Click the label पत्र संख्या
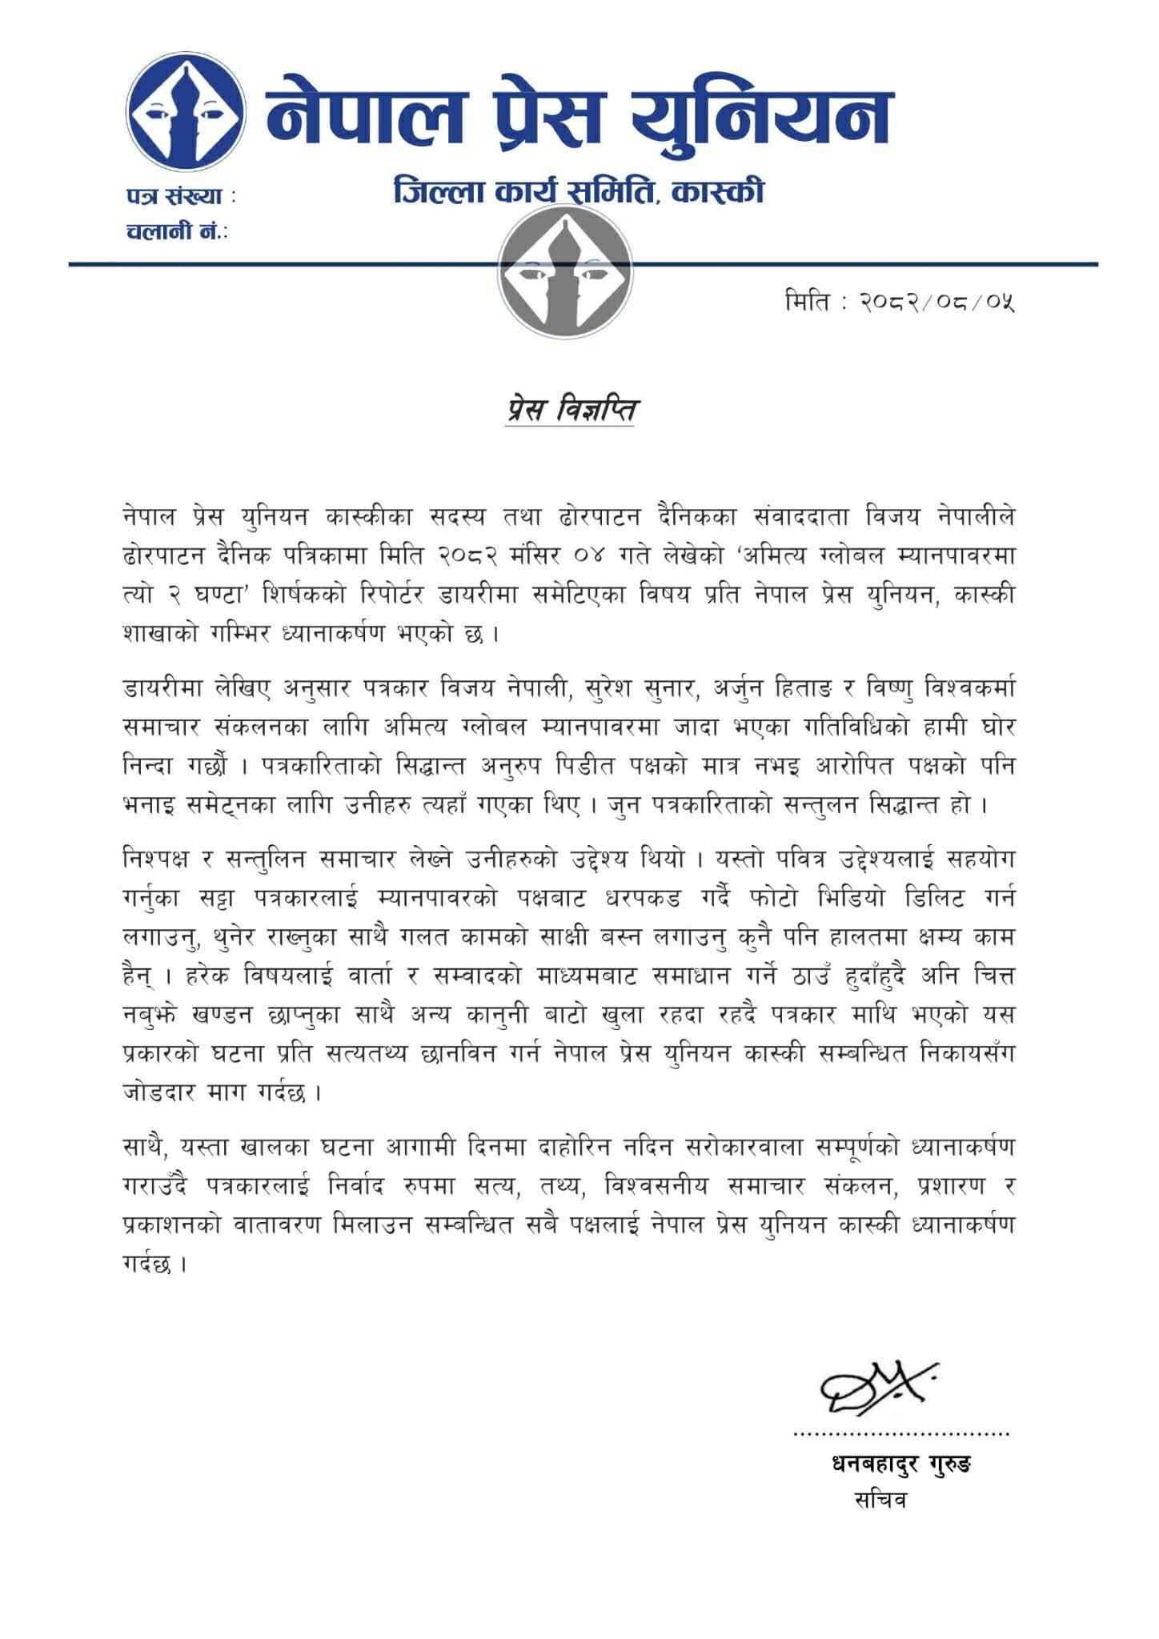[179, 196]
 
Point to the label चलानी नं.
[174, 232]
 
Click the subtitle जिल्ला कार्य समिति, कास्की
[579, 193]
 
